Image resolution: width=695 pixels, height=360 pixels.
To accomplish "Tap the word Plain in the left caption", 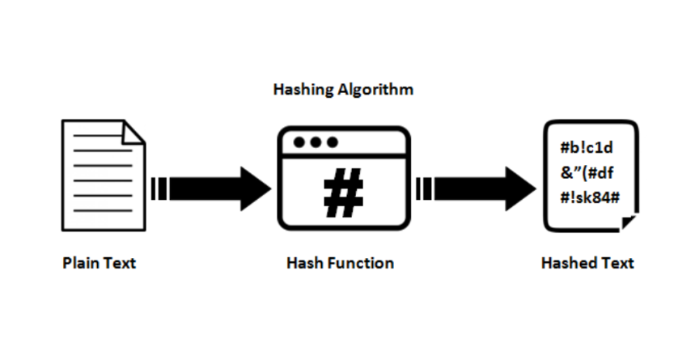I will click(80, 263).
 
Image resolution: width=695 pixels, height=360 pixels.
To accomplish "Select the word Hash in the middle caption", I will click(305, 263).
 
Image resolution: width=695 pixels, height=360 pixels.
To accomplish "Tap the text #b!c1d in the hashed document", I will click(587, 147).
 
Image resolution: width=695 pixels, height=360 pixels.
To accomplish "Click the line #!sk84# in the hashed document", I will click(590, 197).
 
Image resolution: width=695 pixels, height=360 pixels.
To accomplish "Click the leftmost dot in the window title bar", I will click(299, 142).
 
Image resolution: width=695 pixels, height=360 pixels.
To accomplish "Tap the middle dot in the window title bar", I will click(316, 142).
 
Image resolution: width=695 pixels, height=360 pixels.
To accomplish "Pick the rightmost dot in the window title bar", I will click(332, 142).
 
